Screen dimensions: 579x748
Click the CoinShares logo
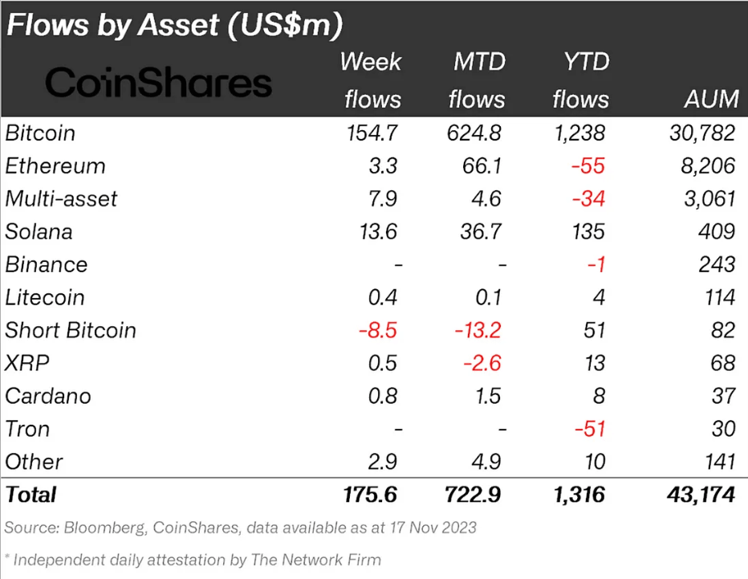(x=158, y=83)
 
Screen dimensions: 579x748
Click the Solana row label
(x=39, y=232)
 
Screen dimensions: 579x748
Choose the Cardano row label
(x=47, y=396)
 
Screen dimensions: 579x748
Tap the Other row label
(x=34, y=462)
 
